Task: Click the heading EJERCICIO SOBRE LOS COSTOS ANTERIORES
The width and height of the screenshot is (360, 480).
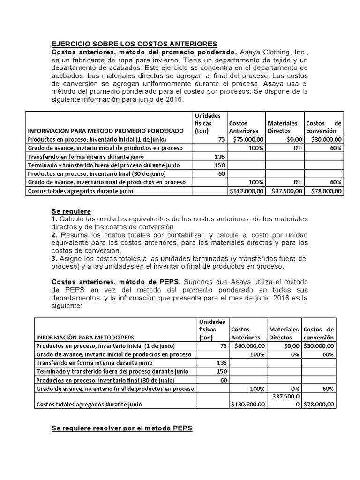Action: point(134,44)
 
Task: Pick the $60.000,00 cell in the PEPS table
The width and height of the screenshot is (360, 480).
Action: point(248,346)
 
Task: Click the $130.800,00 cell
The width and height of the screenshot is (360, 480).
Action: point(248,404)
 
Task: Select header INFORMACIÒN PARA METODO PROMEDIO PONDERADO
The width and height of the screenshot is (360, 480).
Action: point(106,131)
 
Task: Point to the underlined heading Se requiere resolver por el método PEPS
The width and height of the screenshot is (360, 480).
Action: point(122,429)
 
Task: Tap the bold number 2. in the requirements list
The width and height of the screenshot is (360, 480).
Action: point(54,234)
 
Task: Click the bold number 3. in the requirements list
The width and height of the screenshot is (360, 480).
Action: point(54,258)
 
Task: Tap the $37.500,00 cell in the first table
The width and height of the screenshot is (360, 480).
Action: point(285,191)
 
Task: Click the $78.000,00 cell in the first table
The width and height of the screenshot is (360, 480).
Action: point(324,191)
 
